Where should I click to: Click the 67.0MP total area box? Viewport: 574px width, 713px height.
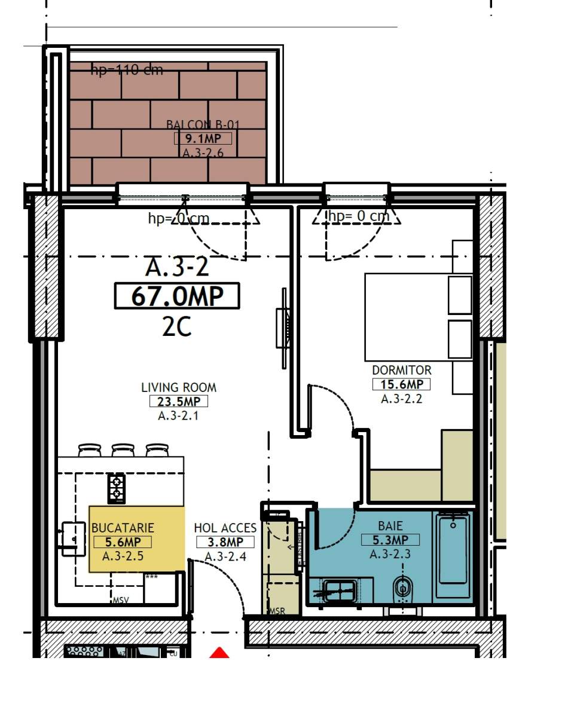tap(176, 296)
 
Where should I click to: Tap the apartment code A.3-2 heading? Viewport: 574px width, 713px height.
tap(177, 267)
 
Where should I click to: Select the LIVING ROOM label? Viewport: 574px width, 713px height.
tap(179, 387)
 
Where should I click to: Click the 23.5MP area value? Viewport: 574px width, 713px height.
tap(179, 402)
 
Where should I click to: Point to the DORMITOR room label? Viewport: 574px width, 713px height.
tap(401, 370)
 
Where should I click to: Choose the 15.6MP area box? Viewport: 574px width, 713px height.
tap(401, 384)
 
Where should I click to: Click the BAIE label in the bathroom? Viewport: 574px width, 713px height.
tap(390, 526)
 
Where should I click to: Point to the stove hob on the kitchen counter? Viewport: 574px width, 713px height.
tap(116, 488)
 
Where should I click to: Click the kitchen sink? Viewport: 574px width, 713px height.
tap(72, 538)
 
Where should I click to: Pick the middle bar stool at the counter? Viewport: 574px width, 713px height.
tap(123, 449)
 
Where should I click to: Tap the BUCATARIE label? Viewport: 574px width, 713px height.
tap(123, 528)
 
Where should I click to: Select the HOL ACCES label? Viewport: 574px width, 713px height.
tap(225, 528)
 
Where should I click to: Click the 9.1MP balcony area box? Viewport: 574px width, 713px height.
tap(203, 139)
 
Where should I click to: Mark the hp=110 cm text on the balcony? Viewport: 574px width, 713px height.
tap(127, 71)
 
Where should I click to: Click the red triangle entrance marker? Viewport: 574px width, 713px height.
tap(220, 653)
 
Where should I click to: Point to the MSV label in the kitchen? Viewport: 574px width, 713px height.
tap(120, 600)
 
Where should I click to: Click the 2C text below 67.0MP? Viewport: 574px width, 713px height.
tap(176, 327)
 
